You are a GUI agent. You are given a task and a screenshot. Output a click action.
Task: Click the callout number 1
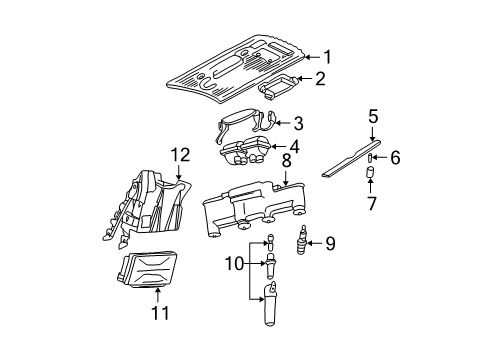[326, 58]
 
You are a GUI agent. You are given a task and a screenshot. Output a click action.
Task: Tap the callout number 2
[320, 80]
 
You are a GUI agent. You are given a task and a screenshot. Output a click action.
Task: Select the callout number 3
[297, 125]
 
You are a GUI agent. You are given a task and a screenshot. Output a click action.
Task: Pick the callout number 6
[394, 158]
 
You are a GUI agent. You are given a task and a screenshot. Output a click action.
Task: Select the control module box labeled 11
[150, 269]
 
